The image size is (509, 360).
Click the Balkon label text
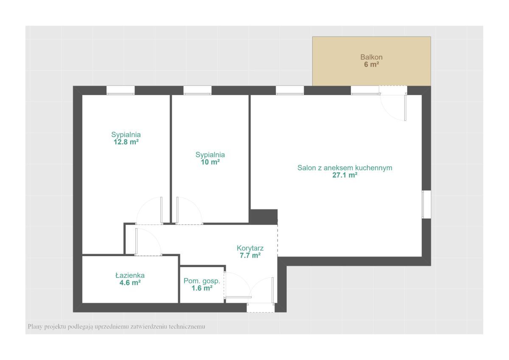coord(371,57)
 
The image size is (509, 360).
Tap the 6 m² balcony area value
coord(371,64)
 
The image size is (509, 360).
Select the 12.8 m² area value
coord(126,142)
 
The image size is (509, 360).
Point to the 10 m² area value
coord(210,162)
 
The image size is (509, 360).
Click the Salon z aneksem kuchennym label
coord(345,168)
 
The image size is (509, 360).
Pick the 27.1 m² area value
coord(345,175)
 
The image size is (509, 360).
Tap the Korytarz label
coord(250,248)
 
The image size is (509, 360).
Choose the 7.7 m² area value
coord(250,256)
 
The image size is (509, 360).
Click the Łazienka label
coord(130,275)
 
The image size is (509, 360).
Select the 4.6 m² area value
coord(130,283)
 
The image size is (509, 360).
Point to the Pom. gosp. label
coord(202,281)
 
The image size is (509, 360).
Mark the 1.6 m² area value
coord(202,288)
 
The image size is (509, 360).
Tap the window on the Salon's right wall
coord(426,204)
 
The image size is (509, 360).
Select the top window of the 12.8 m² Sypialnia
coord(120,90)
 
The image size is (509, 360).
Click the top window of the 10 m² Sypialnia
coord(198,90)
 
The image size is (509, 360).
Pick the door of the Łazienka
coord(148,242)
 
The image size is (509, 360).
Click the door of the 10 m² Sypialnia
coord(190,211)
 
